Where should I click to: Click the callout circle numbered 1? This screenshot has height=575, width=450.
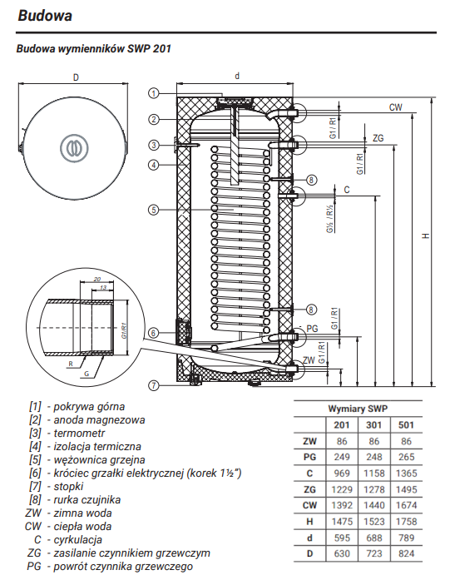pyautogui.click(x=154, y=93)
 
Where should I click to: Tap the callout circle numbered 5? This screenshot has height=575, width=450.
pyautogui.click(x=154, y=210)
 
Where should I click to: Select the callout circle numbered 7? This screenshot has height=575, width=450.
pyautogui.click(x=154, y=385)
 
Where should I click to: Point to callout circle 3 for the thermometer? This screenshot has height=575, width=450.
pyautogui.click(x=154, y=145)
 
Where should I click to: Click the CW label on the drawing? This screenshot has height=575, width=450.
pyautogui.click(x=395, y=107)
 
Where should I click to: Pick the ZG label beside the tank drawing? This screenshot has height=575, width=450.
pyautogui.click(x=378, y=138)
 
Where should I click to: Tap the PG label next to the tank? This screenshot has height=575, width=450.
pyautogui.click(x=312, y=329)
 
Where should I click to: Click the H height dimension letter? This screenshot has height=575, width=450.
pyautogui.click(x=425, y=235)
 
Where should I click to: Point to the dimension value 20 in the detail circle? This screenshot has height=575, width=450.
pyautogui.click(x=96, y=280)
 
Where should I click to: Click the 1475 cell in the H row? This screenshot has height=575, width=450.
pyautogui.click(x=342, y=522)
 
